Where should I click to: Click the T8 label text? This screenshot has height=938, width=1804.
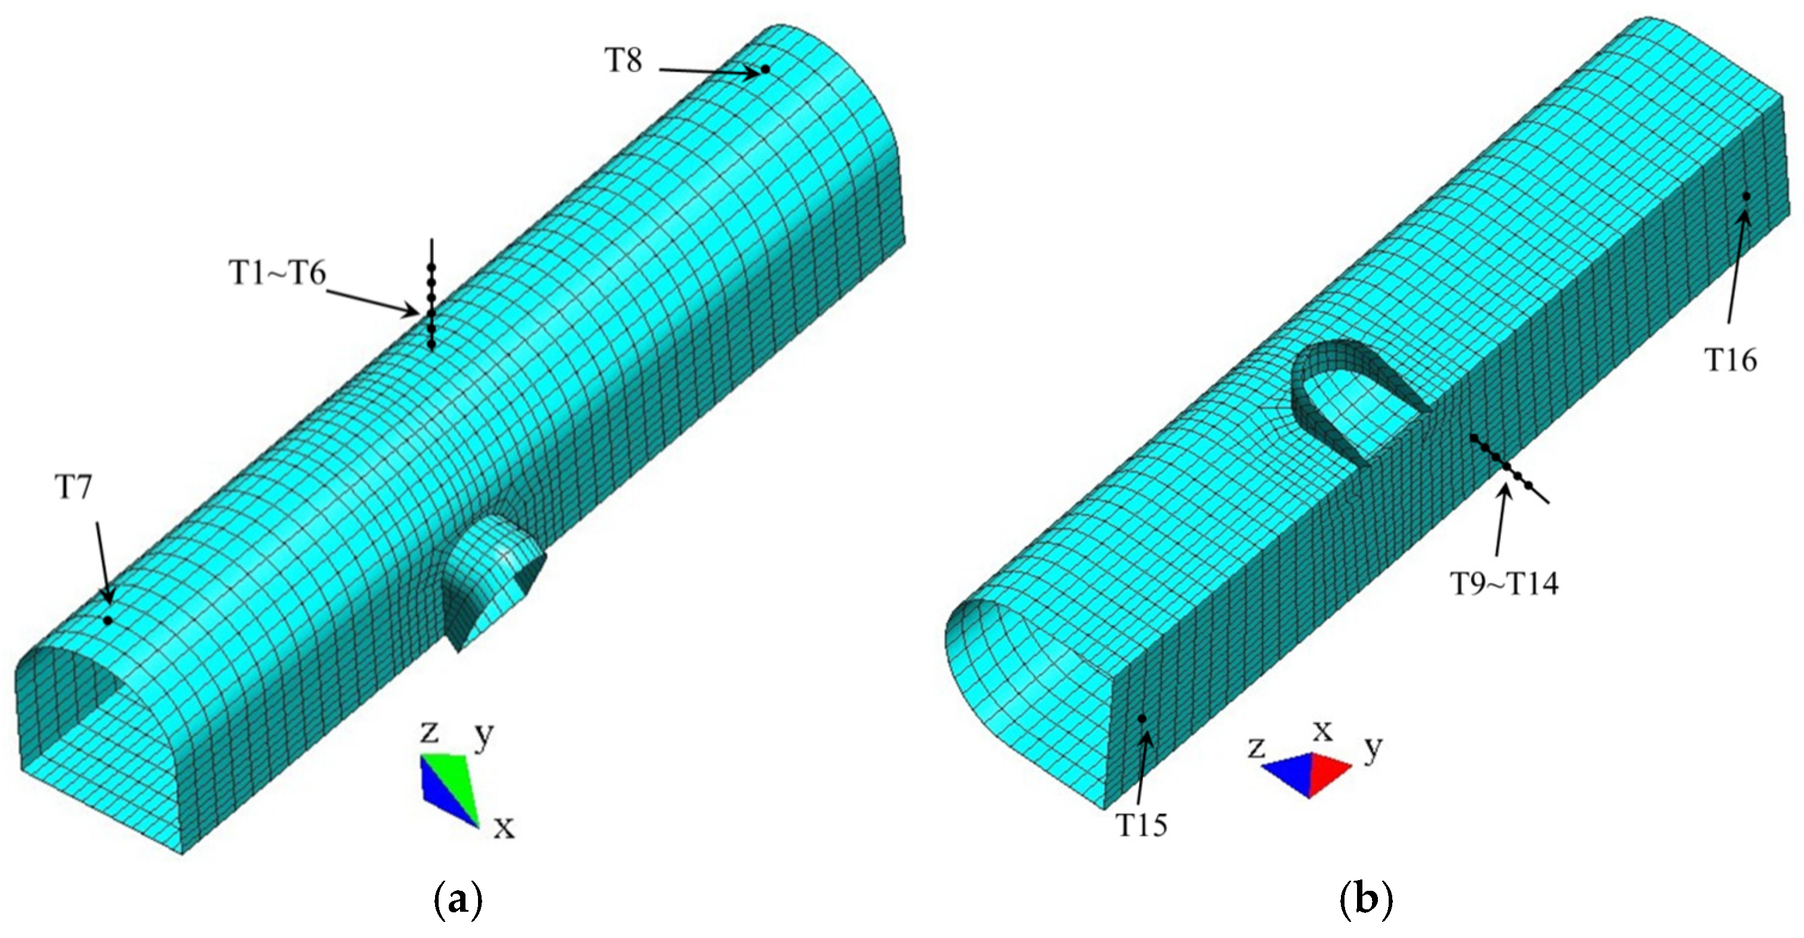click(623, 61)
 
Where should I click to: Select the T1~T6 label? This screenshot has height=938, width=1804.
click(278, 273)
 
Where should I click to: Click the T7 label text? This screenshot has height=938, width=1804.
click(73, 488)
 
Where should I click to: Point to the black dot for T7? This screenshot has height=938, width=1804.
click(107, 620)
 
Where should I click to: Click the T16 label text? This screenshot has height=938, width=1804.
click(1731, 360)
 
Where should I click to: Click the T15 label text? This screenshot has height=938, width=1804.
click(1142, 825)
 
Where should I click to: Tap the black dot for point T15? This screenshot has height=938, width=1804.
click(1142, 719)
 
